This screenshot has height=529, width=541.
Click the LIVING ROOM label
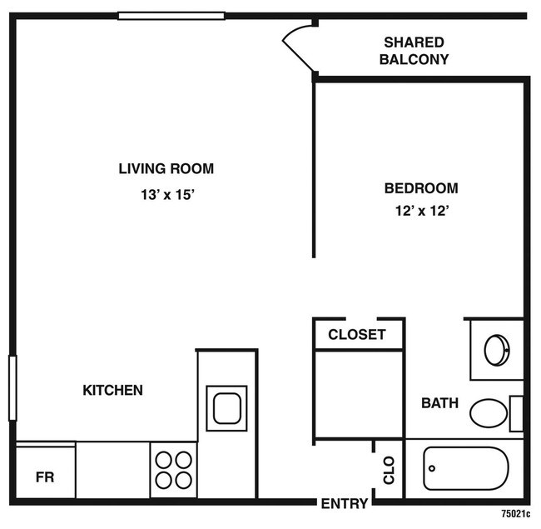(166, 168)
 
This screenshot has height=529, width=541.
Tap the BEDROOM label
(420, 188)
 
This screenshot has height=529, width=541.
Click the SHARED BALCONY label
(414, 51)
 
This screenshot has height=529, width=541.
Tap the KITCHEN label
(112, 390)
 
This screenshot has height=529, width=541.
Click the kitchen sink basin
(226, 408)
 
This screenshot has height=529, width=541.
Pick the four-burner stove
(173, 469)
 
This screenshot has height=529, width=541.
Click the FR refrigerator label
(44, 478)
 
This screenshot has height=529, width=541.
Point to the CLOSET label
(357, 335)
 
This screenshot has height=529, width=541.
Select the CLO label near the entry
(389, 472)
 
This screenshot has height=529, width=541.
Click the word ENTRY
(344, 503)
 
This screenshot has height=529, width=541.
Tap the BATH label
(439, 403)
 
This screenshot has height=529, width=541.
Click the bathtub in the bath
(465, 468)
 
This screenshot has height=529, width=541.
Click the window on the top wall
(171, 15)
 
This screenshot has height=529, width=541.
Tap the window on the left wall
(12, 387)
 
